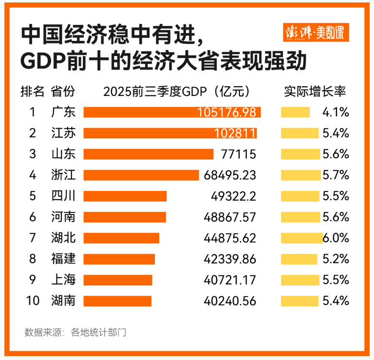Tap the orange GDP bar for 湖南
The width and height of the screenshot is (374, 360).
click(x=117, y=301)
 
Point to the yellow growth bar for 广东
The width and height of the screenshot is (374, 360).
click(x=295, y=112)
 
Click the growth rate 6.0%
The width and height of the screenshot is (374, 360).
click(x=336, y=238)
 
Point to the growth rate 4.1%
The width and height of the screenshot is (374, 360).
click(x=336, y=112)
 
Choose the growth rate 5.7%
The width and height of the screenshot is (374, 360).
click(x=336, y=175)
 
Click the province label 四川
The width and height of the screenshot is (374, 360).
click(x=63, y=196)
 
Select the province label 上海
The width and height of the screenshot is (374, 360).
click(x=63, y=280)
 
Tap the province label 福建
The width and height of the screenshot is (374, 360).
click(x=63, y=259)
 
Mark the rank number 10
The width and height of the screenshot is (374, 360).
click(x=33, y=301)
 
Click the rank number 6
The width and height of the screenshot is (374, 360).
click(x=33, y=217)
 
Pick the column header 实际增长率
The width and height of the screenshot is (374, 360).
click(x=315, y=91)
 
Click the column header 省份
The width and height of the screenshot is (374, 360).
click(x=63, y=91)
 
